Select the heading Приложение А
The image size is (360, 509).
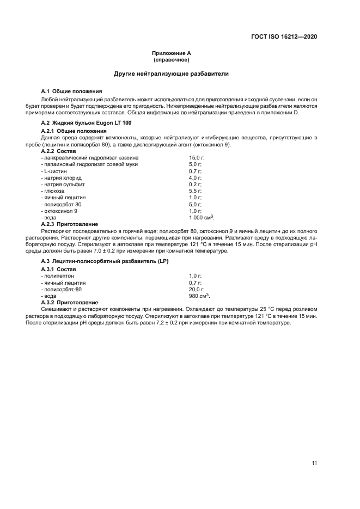171,53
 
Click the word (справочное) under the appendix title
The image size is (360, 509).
171,60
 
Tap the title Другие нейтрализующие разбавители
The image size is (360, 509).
171,73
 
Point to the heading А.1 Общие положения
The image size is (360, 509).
72,91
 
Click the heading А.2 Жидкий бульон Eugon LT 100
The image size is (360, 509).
86,123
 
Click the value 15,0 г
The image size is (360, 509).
196,157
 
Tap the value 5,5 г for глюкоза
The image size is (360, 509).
195,191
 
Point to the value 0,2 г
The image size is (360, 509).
195,184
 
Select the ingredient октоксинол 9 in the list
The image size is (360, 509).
59,211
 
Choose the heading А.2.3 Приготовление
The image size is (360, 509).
70,224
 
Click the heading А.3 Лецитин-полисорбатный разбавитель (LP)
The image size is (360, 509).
105,262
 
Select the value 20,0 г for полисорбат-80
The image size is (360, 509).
196,289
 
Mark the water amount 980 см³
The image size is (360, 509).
199,296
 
